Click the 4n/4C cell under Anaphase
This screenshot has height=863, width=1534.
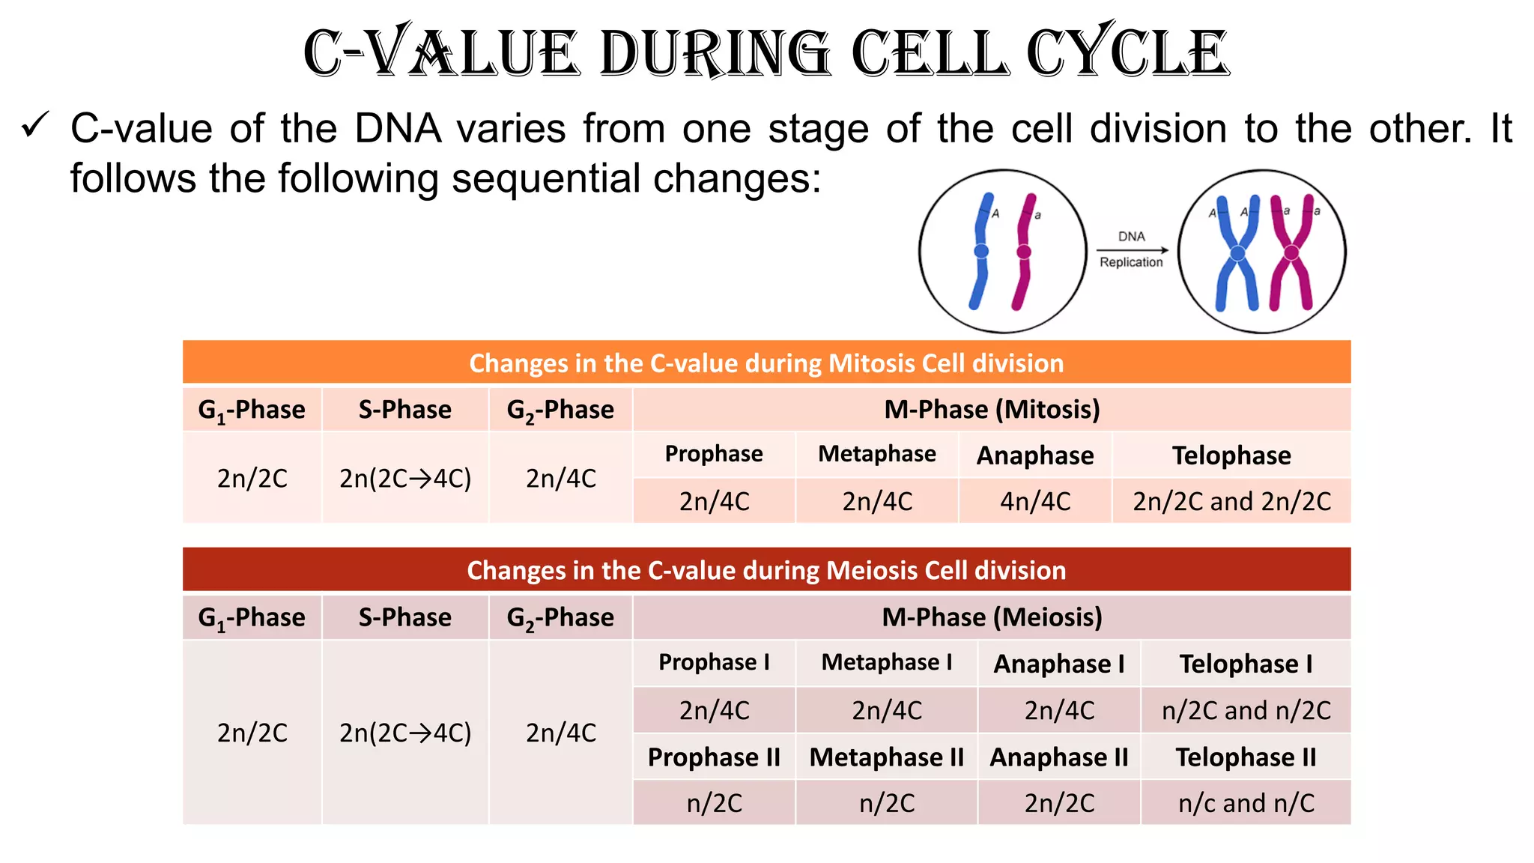pyautogui.click(x=1035, y=500)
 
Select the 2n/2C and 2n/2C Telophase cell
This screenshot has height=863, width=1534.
pyautogui.click(x=1231, y=500)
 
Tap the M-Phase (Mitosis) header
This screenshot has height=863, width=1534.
pyautogui.click(x=992, y=409)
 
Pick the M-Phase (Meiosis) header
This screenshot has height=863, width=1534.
pyautogui.click(x=992, y=617)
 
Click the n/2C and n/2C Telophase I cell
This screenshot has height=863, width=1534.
pyautogui.click(x=1246, y=709)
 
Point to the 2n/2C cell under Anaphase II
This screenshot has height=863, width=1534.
pyautogui.click(x=1059, y=802)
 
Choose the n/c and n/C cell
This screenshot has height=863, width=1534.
pyautogui.click(x=1246, y=802)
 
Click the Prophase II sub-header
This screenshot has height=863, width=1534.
pyautogui.click(x=714, y=757)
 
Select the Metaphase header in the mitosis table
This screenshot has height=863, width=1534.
pyautogui.click(x=876, y=454)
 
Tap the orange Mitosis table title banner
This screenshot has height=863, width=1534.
pyautogui.click(x=766, y=363)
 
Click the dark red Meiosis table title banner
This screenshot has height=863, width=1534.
pyautogui.click(x=766, y=570)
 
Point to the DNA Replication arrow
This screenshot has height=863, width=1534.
pyautogui.click(x=1131, y=249)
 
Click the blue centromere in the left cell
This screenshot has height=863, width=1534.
pyautogui.click(x=980, y=252)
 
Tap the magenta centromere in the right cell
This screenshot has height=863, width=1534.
pyautogui.click(x=1291, y=253)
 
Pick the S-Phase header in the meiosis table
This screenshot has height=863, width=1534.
pyautogui.click(x=404, y=617)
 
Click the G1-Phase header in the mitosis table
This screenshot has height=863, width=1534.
pyautogui.click(x=252, y=409)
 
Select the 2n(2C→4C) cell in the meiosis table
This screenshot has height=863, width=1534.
pyautogui.click(x=404, y=732)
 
